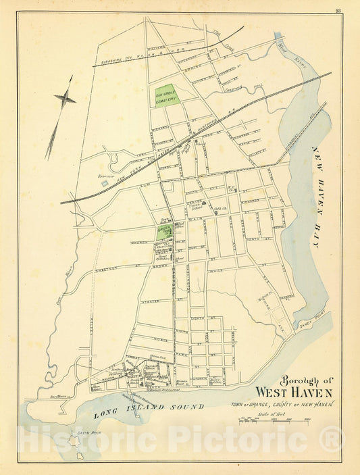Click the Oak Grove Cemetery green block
pos(168,95)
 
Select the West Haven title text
pos(294,392)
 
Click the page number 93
pos(338,9)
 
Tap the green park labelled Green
pos(164,230)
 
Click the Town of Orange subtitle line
pos(281,404)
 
